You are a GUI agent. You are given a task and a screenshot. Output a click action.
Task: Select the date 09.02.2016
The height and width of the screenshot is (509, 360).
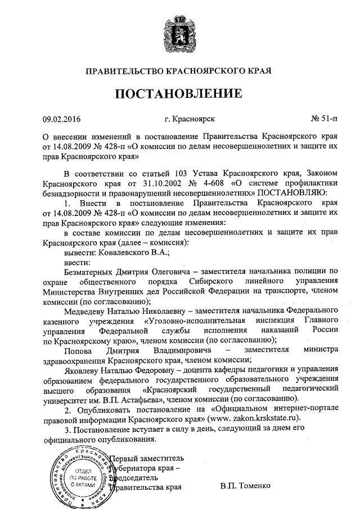pyautogui.click(x=62, y=119)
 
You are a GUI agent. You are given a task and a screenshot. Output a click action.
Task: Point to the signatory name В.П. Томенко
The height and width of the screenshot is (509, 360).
pyautogui.click(x=246, y=484)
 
